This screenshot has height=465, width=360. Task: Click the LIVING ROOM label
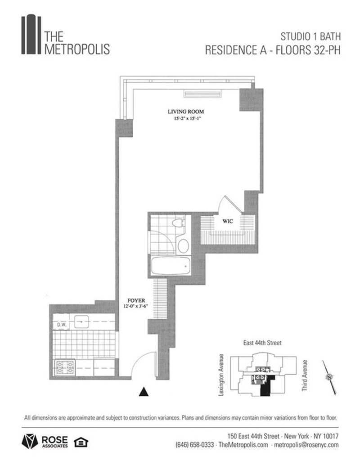pyautogui.click(x=186, y=112)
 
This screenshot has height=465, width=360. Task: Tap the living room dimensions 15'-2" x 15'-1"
pyautogui.click(x=186, y=119)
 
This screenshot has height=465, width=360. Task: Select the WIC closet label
pyautogui.click(x=226, y=221)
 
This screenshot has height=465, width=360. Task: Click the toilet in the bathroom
pyautogui.click(x=179, y=224)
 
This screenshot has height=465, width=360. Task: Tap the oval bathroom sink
pyautogui.click(x=183, y=246)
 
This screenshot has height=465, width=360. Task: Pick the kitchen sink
pyautogui.click(x=81, y=321)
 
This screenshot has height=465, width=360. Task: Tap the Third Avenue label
pyautogui.click(x=306, y=375)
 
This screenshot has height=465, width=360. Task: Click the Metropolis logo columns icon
pyautogui.click(x=31, y=35)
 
